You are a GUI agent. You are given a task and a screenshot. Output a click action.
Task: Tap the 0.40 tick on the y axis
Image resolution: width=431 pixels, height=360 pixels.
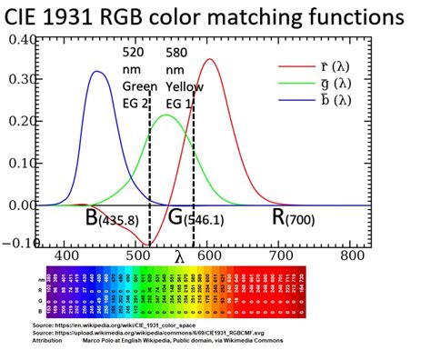[19, 40]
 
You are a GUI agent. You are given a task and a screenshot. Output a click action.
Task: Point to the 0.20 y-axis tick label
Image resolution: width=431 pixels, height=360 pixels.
[19, 122]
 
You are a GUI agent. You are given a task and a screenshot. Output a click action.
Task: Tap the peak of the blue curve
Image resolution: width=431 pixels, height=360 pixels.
[97, 72]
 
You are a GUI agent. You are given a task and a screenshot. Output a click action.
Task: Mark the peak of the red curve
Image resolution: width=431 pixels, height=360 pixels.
[211, 60]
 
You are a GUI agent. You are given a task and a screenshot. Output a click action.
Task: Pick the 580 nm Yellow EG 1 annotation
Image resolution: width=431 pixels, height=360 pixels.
[185, 78]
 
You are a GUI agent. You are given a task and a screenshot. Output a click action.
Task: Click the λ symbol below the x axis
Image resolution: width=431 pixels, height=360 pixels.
[178, 256]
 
